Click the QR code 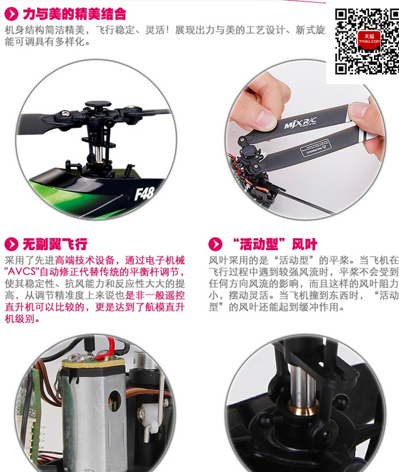(367, 41)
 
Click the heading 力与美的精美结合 (74, 14)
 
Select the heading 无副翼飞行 (55, 243)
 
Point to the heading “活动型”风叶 (275, 243)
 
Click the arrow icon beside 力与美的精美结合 (11, 14)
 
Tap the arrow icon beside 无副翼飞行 (11, 243)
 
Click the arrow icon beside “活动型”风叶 (215, 243)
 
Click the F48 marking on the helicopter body (144, 194)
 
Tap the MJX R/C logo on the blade (300, 122)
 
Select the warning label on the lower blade (315, 148)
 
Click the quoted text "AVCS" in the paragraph (21, 271)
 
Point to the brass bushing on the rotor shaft (303, 407)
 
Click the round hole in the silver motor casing (114, 401)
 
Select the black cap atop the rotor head (98, 104)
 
